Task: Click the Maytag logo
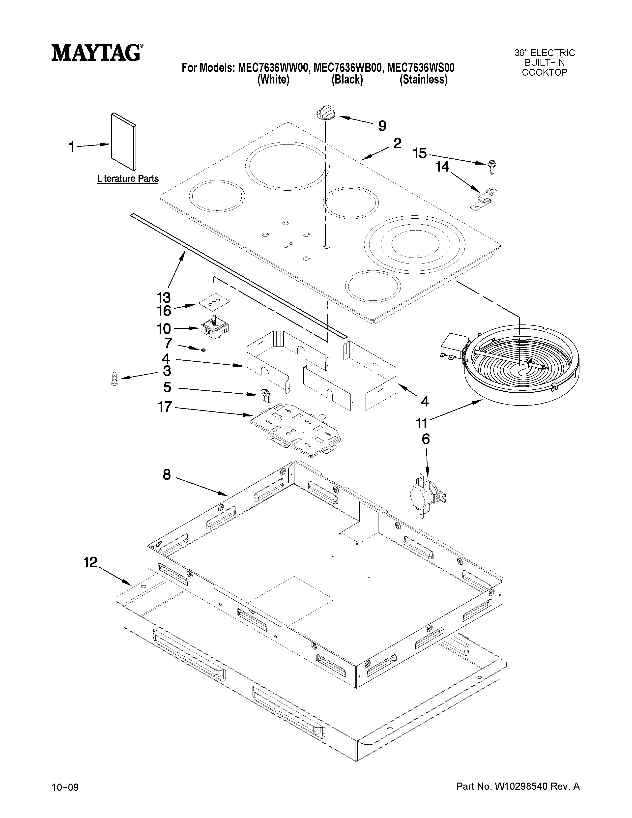coord(97,53)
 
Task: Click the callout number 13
coord(164,298)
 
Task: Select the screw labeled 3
coord(115,379)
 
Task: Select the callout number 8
coord(167,475)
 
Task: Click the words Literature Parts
coord(128,179)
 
